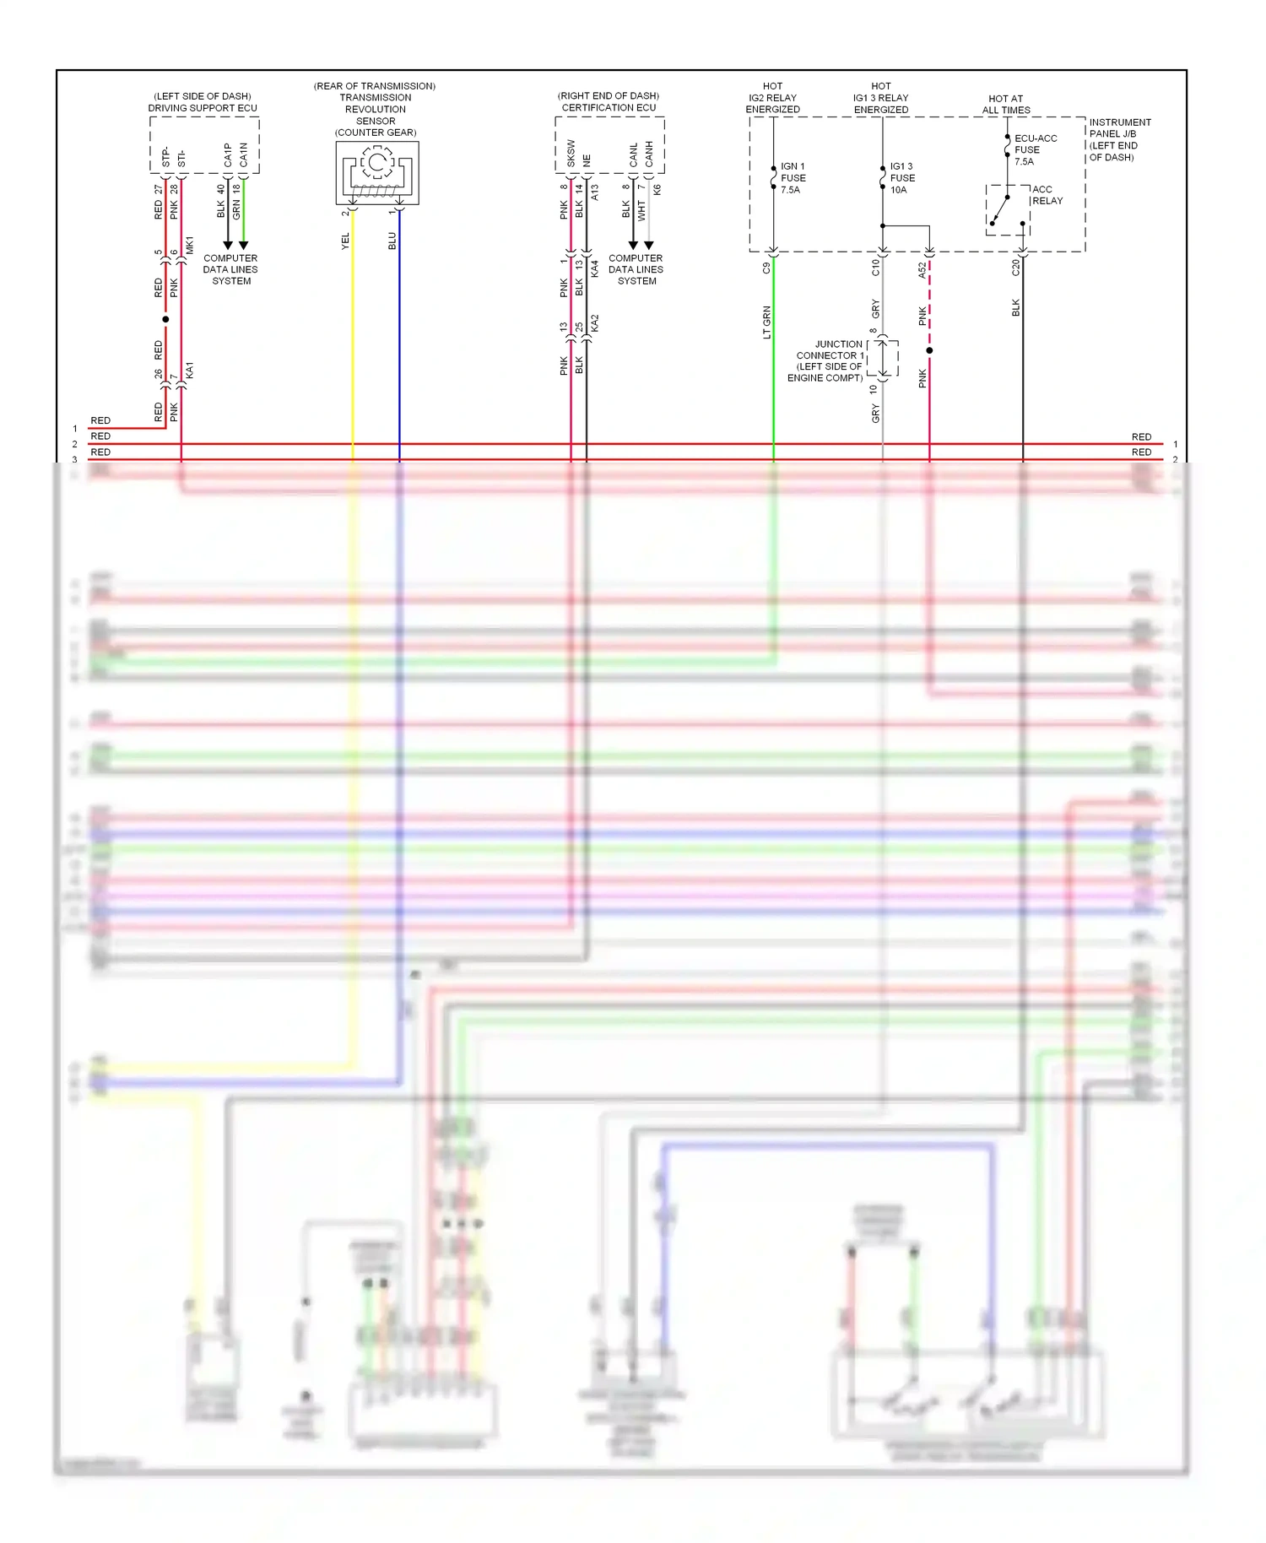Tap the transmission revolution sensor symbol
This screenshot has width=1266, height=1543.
coord(377,172)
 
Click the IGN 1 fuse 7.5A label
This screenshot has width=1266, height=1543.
coord(793,178)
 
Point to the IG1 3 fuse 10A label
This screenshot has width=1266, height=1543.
coord(902,178)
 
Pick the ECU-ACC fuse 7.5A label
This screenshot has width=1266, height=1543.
coord(1035,150)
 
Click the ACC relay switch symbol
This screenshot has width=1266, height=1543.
coord(1007,209)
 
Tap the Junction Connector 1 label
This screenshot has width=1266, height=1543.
coord(827,361)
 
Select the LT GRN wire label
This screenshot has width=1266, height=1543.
coord(766,322)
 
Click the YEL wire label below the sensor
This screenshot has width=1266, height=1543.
coord(345,241)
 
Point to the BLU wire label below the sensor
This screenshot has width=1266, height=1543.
coord(392,241)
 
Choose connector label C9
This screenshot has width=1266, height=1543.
coord(766,268)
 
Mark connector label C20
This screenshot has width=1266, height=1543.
coord(1015,268)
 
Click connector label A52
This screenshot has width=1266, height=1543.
coord(922,270)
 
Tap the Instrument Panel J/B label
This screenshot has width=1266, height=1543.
coord(1119,140)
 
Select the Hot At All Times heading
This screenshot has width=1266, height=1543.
coord(1006,105)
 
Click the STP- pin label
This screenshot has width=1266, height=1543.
coord(166,157)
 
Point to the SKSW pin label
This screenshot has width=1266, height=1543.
coord(571,154)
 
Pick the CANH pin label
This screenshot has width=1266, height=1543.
coord(649,154)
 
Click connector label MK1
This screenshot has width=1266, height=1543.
coord(190,246)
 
